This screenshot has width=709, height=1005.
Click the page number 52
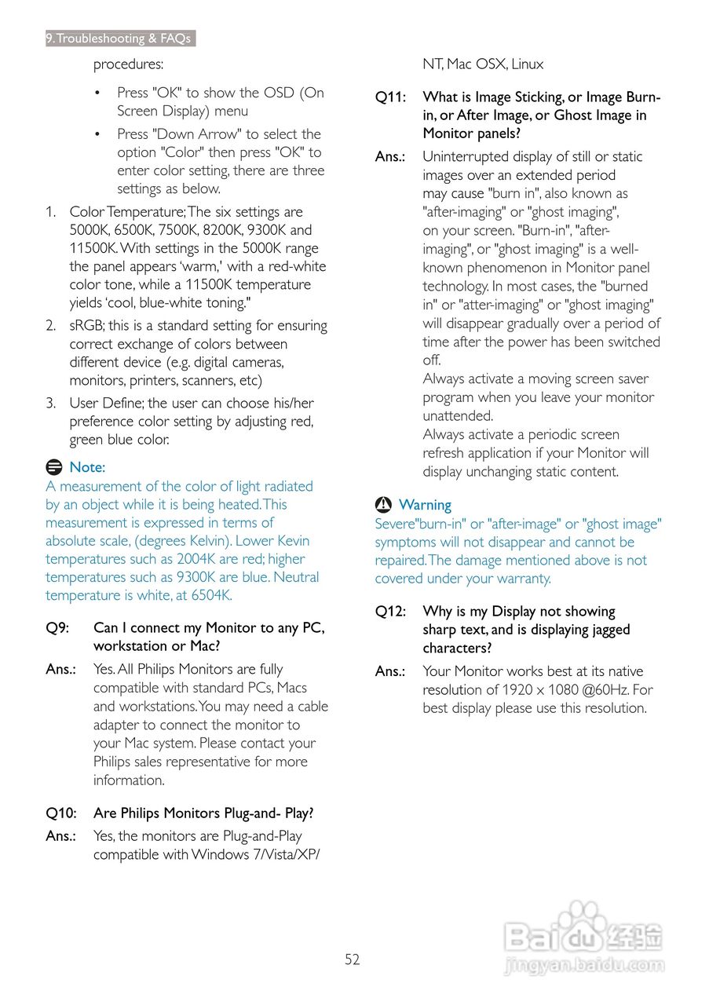coord(352,959)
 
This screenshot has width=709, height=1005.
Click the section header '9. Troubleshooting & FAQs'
coord(120,38)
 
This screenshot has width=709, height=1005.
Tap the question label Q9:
coord(57,628)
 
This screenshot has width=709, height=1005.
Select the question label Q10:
coord(61,813)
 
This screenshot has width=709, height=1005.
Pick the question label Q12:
coord(390,612)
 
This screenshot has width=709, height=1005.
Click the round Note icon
coord(53,467)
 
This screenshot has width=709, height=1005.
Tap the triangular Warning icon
coord(383,505)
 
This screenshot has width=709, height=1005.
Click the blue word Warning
coord(425,505)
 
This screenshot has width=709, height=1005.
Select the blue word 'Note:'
coord(87,467)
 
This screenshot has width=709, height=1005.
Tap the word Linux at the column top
coord(527,64)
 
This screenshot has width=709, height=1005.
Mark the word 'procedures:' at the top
coord(128,64)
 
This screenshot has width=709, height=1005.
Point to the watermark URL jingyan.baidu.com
coord(584,965)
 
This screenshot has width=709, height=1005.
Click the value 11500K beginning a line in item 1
coord(94,248)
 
